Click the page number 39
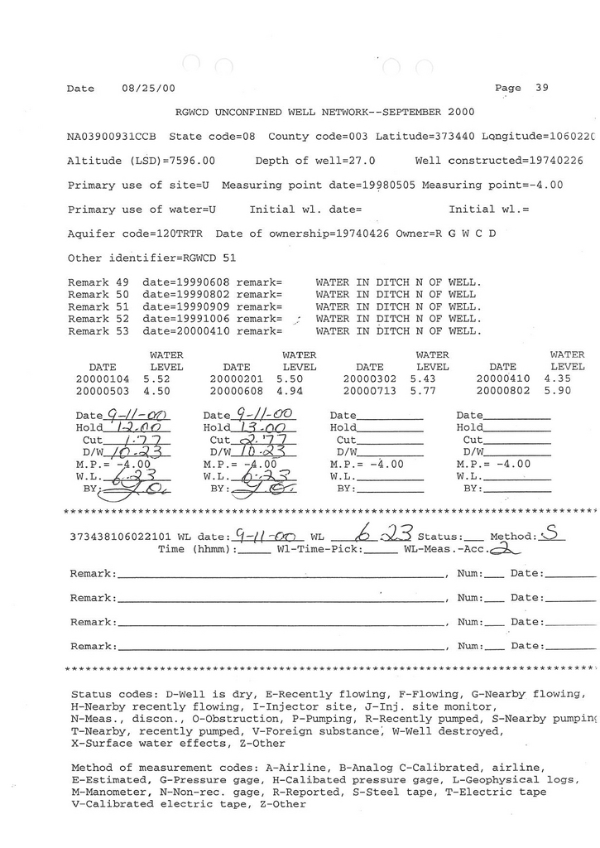pos(541,88)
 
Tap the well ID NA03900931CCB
pos(110,136)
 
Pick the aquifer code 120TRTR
pos(182,234)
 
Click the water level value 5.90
pos(558,391)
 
